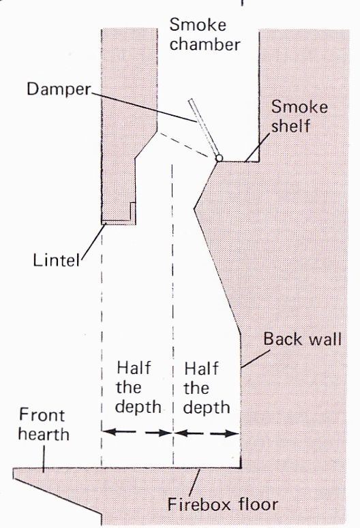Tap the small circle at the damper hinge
click(219, 157)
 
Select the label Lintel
click(57, 260)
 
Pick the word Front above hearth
click(42, 415)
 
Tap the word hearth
click(44, 434)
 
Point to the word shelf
click(290, 125)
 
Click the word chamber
click(205, 44)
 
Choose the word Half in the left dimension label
click(134, 368)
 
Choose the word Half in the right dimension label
click(202, 369)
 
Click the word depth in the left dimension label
click(138, 408)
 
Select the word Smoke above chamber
click(198, 25)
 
